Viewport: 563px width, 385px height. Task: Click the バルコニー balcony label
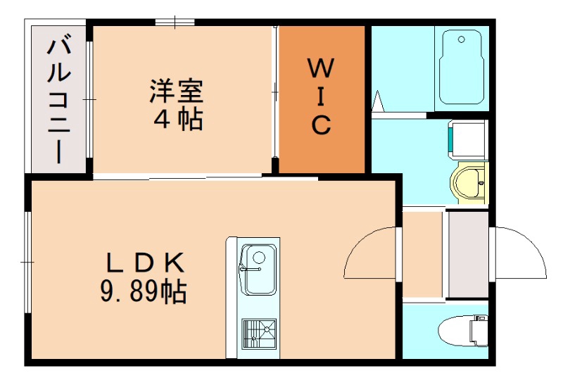(57, 99)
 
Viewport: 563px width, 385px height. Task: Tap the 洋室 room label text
(175, 91)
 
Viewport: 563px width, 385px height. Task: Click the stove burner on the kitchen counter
(258, 333)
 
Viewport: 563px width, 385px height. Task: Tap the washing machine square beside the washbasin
(467, 139)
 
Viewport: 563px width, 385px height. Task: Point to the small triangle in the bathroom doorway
(378, 101)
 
